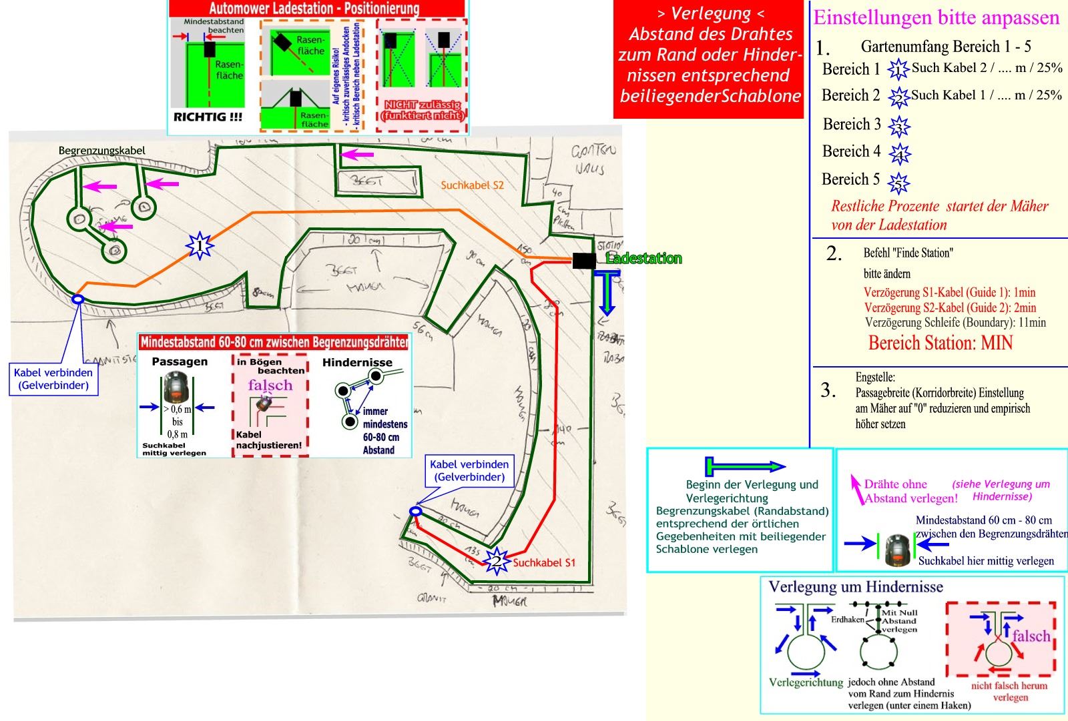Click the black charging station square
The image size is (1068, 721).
coord(584,260)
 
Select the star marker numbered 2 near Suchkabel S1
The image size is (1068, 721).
coord(496,560)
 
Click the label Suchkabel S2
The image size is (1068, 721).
coord(472,185)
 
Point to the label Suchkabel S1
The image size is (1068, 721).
coord(543,562)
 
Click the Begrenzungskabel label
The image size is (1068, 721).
coord(101,151)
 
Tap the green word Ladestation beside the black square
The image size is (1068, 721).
coord(643,259)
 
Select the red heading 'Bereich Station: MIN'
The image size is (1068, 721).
coord(940,343)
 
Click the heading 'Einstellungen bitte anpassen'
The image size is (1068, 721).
coord(936,17)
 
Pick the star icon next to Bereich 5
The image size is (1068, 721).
coord(899,181)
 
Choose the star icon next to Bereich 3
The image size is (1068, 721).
coord(899,126)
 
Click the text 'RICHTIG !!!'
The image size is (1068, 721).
coord(208,117)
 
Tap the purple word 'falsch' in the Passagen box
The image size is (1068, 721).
coord(270,386)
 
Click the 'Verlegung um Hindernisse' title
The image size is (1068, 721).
coord(856,587)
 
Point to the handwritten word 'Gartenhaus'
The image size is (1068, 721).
coord(593,159)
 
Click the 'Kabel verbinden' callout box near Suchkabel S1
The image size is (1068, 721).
coord(469,470)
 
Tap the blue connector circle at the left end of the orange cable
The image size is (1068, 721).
coord(77,300)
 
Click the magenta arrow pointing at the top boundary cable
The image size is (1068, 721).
coord(357,155)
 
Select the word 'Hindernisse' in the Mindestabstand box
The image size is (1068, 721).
coord(357,362)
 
